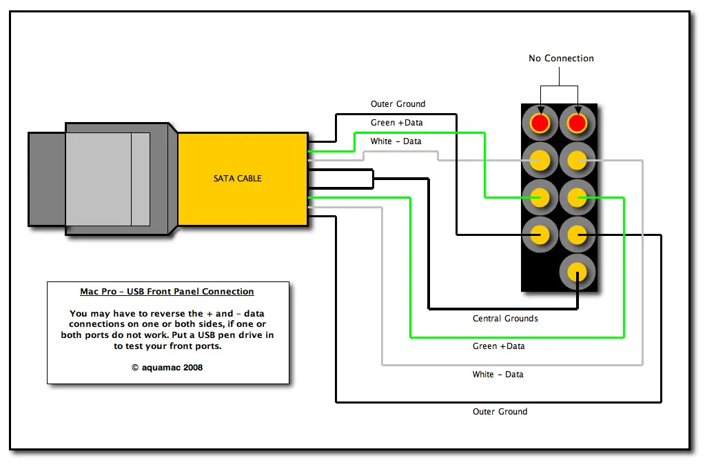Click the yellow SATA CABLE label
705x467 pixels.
238,179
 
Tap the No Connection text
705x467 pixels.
561,59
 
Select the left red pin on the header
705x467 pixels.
540,123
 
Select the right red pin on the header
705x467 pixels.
577,123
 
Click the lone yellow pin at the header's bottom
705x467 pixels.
577,272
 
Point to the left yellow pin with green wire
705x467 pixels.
540,198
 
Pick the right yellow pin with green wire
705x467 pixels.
577,198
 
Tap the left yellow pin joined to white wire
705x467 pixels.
540,161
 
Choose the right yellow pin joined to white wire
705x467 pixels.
577,161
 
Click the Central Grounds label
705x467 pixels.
505,319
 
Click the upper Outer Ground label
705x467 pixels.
398,104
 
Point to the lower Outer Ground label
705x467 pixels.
500,412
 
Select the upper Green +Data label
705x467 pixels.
396,123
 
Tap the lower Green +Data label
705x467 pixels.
498,346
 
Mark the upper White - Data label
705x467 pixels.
396,141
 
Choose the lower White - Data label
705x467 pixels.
498,375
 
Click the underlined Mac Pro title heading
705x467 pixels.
167,292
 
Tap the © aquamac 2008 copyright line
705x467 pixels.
167,368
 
